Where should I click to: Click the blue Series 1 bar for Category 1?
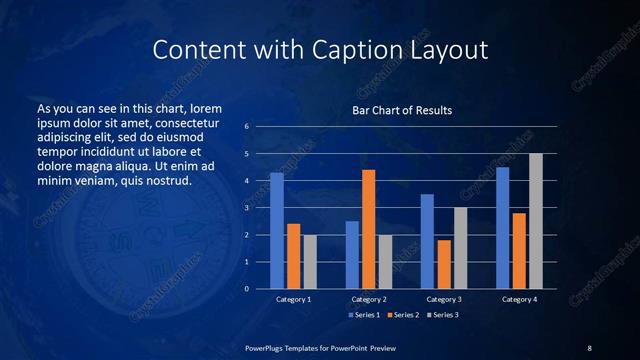click(x=277, y=231)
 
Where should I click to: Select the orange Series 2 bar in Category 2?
click(x=368, y=229)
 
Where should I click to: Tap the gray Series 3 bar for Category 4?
click(x=535, y=221)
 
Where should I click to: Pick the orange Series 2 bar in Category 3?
click(x=443, y=264)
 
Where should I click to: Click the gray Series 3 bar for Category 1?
click(x=310, y=262)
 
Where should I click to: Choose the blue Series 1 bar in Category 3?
click(x=427, y=241)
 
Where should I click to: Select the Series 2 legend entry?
click(x=401, y=315)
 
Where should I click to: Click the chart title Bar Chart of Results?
click(x=402, y=110)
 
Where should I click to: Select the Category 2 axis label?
click(x=369, y=299)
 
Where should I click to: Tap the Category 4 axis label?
click(x=519, y=299)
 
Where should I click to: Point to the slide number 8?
click(x=589, y=347)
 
